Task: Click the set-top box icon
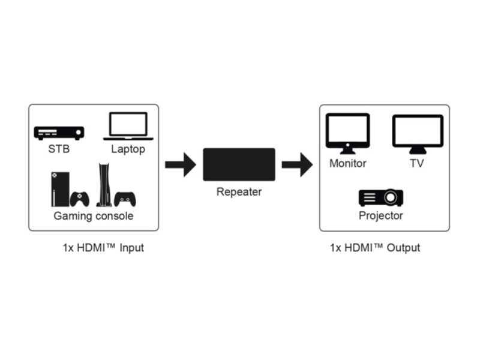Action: pyautogui.click(x=59, y=133)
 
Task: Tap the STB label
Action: pyautogui.click(x=59, y=149)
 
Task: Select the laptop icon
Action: pyautogui.click(x=128, y=126)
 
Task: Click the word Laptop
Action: pyautogui.click(x=128, y=149)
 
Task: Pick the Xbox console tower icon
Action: pyautogui.click(x=61, y=189)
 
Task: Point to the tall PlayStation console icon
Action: pyautogui.click(x=103, y=185)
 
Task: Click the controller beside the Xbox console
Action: pyautogui.click(x=80, y=199)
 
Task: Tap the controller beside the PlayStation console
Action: pyautogui.click(x=125, y=199)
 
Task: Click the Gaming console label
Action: pyautogui.click(x=94, y=216)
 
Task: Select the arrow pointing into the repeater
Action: pyautogui.click(x=180, y=164)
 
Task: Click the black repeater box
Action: pyautogui.click(x=239, y=164)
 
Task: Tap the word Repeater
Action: pyautogui.click(x=239, y=192)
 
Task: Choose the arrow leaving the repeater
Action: pyautogui.click(x=297, y=164)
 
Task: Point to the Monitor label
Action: pyautogui.click(x=347, y=163)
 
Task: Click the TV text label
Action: pyautogui.click(x=417, y=163)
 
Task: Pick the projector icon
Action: pyautogui.click(x=381, y=197)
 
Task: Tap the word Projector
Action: pyautogui.click(x=381, y=215)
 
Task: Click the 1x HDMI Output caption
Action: pyautogui.click(x=375, y=247)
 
